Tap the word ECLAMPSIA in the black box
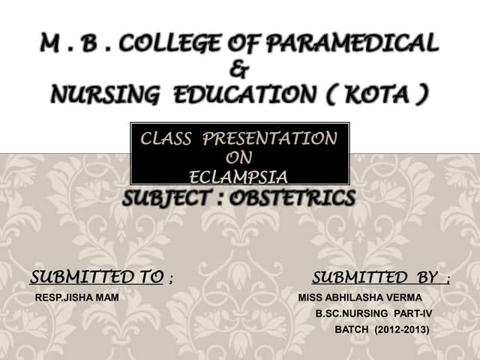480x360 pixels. click(x=238, y=177)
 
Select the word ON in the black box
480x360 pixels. click(x=238, y=158)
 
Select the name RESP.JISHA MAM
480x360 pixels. click(x=76, y=298)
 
